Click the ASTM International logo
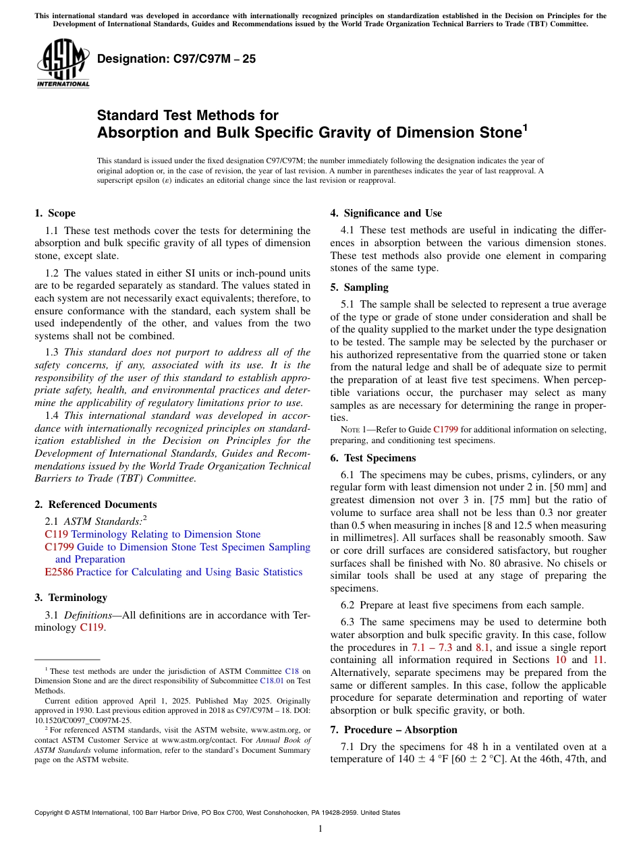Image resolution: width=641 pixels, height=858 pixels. click(62, 65)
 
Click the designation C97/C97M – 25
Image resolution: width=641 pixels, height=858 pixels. click(176, 59)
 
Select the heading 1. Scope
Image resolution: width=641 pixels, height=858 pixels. click(55, 213)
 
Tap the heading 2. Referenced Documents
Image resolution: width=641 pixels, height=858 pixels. click(95, 505)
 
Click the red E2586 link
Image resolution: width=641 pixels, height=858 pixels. click(54, 572)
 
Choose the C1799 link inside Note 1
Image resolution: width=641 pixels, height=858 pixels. click(445, 429)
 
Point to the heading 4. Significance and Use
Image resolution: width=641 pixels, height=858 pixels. click(386, 213)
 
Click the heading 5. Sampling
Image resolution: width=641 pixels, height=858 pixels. click(359, 287)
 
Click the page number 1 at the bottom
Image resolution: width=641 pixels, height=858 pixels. click(320, 829)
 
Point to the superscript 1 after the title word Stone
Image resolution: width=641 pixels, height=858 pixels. click(525, 126)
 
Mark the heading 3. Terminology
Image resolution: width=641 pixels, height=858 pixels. click(70, 598)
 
